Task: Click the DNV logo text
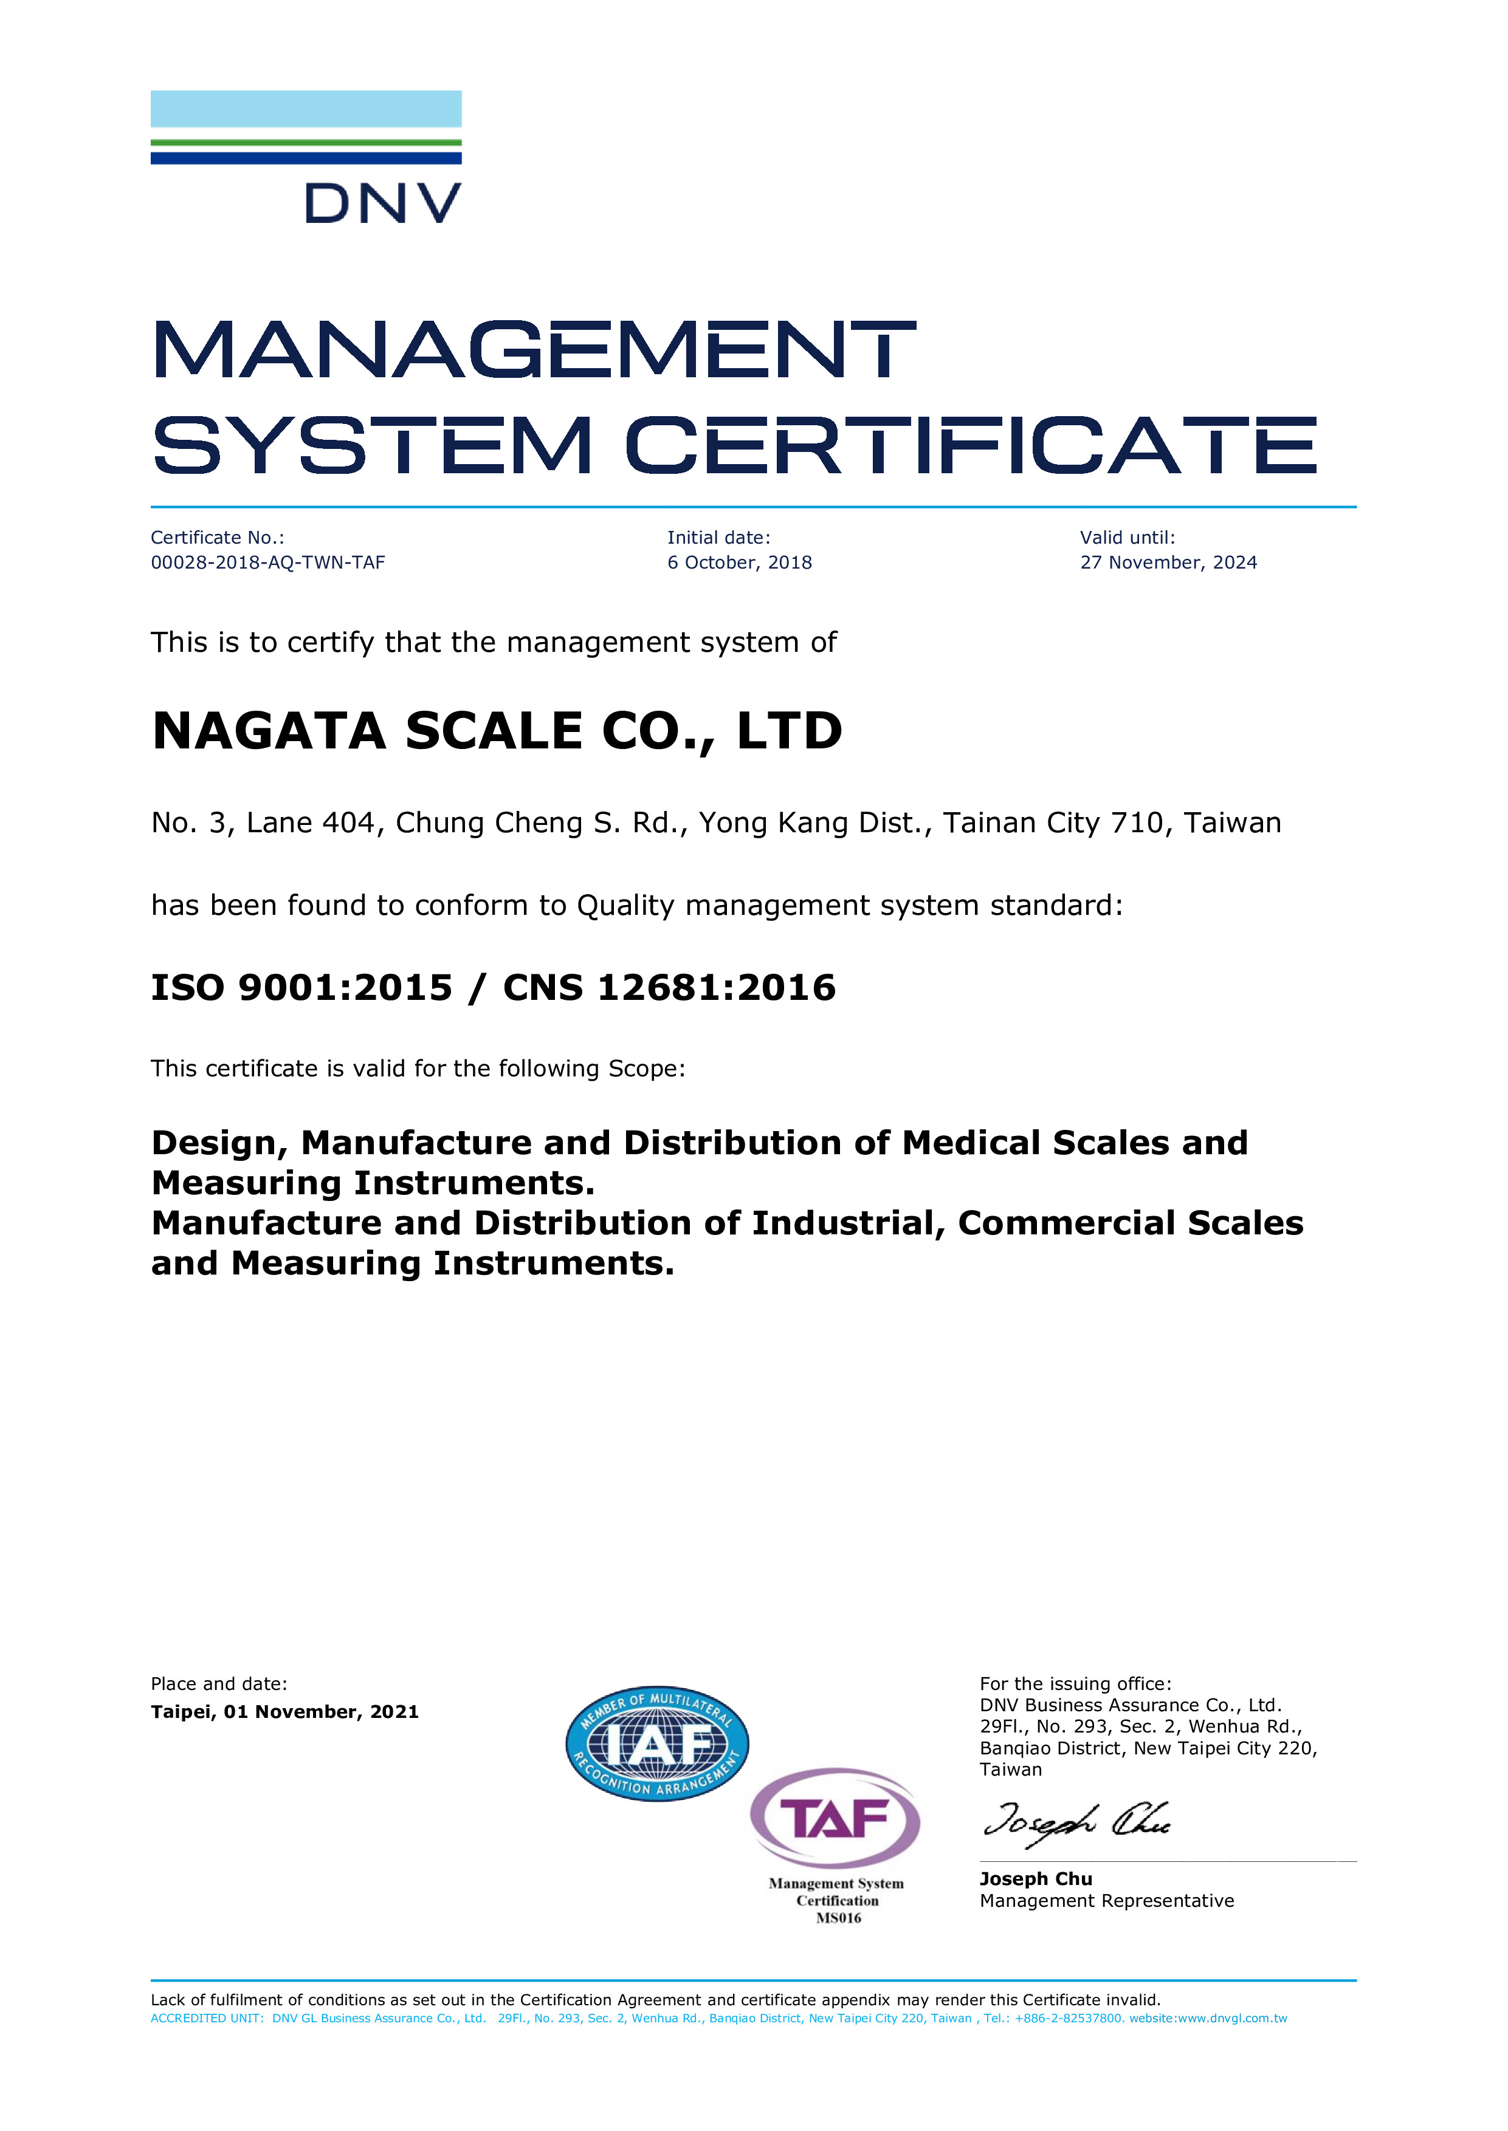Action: point(382,204)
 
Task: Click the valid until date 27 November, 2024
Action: point(1168,563)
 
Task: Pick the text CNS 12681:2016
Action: point(669,988)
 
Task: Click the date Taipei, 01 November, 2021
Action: point(284,1711)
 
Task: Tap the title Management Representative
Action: point(1107,1901)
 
